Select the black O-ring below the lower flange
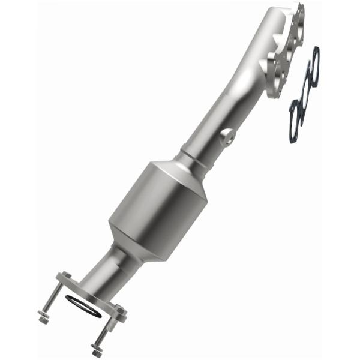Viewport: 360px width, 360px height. pyautogui.click(x=83, y=306)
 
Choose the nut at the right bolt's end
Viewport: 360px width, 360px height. pyautogui.click(x=97, y=347)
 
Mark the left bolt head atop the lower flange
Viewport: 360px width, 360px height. pyautogui.click(x=64, y=276)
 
